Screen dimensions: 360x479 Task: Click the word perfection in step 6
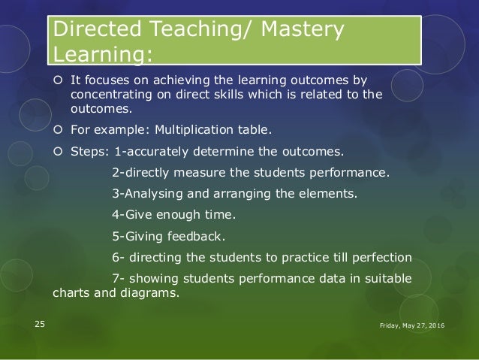(x=375, y=257)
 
